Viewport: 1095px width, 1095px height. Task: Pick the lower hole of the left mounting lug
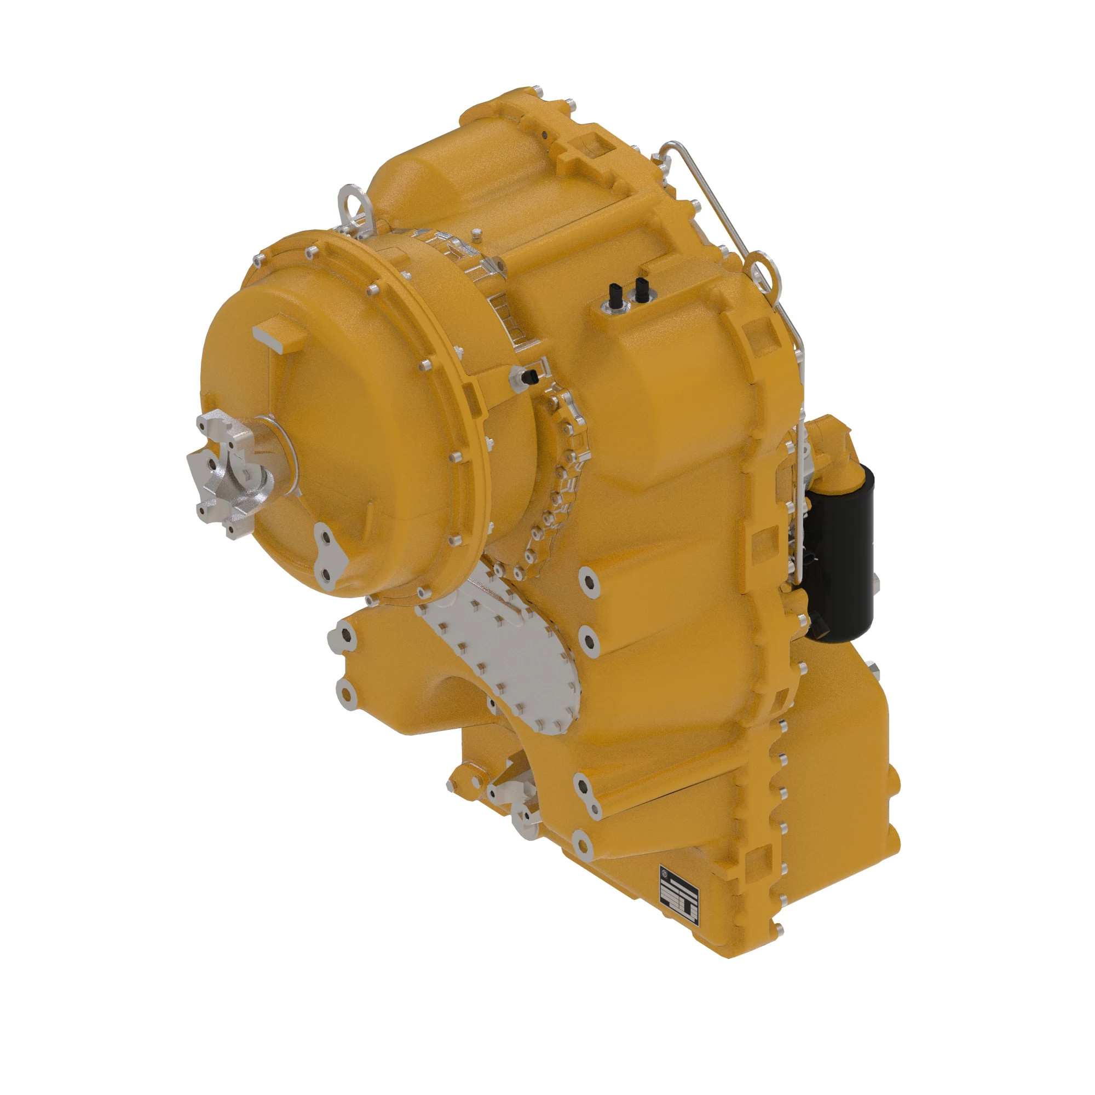click(x=344, y=692)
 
